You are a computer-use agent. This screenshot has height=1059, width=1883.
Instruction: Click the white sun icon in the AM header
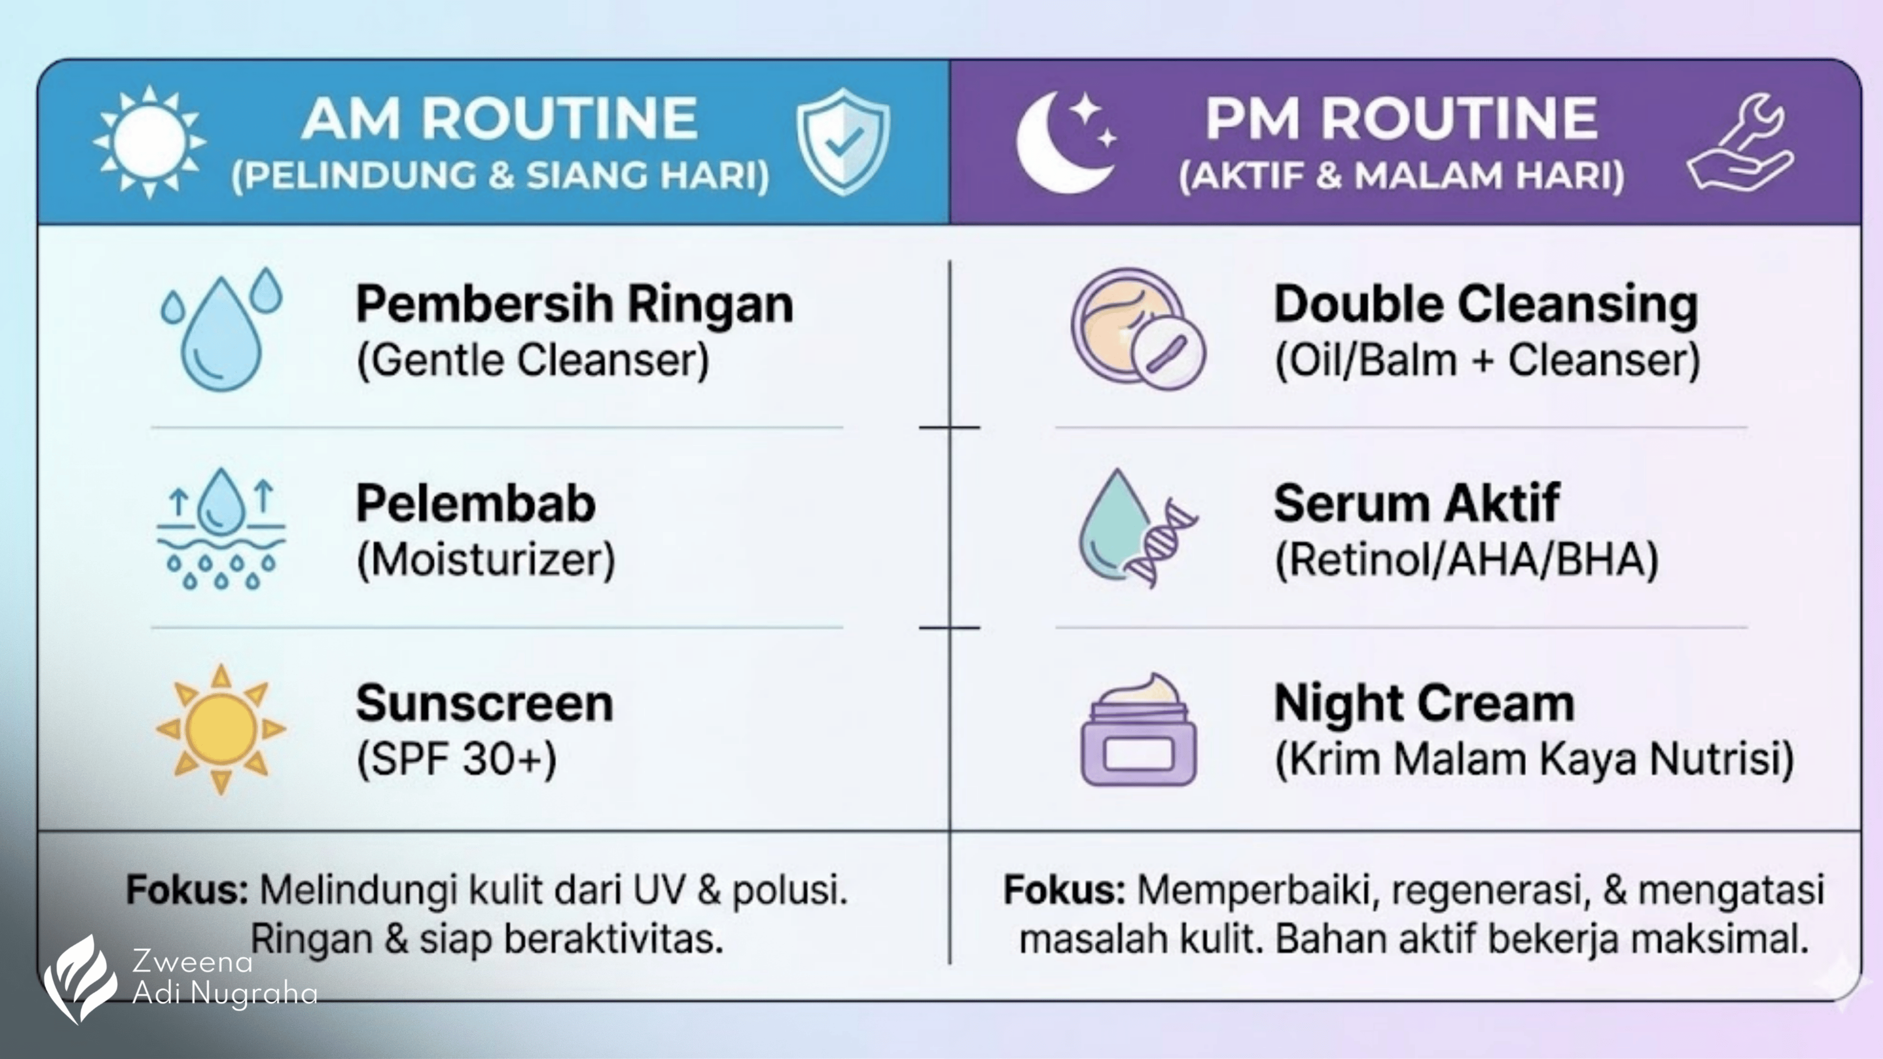pyautogui.click(x=149, y=142)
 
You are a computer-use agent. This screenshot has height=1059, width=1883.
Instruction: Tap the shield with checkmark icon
pyautogui.click(x=843, y=142)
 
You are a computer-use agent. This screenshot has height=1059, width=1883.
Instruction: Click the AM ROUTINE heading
pyautogui.click(x=499, y=119)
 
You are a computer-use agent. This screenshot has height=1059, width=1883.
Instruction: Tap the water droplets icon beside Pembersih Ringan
pyautogui.click(x=221, y=328)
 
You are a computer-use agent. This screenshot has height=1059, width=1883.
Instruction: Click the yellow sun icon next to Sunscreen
pyautogui.click(x=221, y=729)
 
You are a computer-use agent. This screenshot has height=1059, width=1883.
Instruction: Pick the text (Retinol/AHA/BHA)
pyautogui.click(x=1466, y=560)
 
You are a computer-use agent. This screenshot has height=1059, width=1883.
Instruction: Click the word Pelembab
pyautogui.click(x=476, y=504)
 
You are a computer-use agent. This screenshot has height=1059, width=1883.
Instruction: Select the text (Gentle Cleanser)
pyautogui.click(x=533, y=361)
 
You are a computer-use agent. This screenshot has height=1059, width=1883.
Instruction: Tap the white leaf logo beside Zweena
pyautogui.click(x=80, y=978)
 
